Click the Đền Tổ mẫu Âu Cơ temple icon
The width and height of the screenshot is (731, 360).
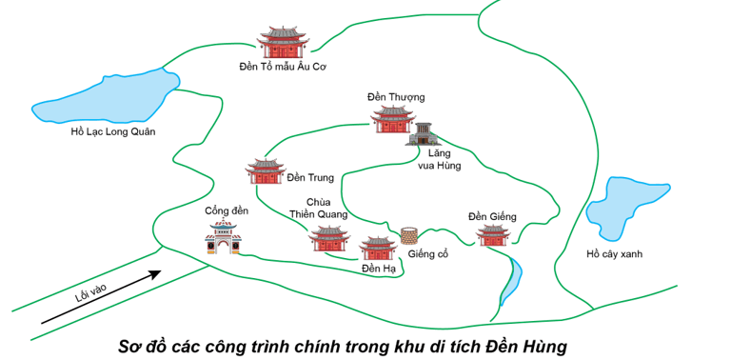[284, 44]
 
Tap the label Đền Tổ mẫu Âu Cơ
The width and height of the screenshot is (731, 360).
[284, 68]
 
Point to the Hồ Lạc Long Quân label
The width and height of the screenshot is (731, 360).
[112, 131]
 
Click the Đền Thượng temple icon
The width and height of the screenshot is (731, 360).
[392, 120]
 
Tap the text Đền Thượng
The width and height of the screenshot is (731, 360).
[395, 98]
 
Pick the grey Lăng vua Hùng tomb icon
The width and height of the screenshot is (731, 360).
[422, 134]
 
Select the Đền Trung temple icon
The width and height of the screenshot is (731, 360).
[265, 171]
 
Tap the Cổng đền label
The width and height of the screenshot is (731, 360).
[227, 210]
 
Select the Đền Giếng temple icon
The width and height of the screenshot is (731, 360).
[493, 235]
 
